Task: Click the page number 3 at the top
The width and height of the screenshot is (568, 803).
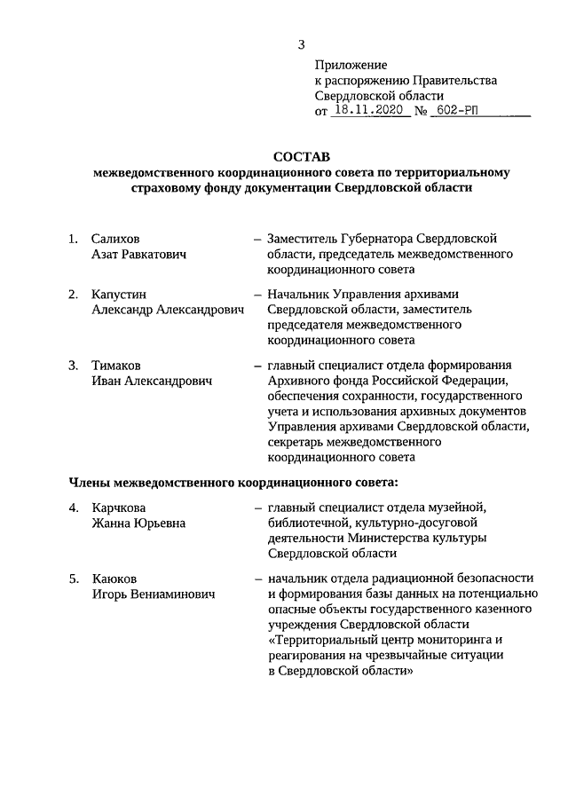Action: [x=302, y=44]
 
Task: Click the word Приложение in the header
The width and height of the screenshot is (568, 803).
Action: [x=351, y=65]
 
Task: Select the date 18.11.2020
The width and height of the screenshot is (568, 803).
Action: [x=369, y=112]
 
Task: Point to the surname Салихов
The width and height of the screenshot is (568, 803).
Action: [x=115, y=239]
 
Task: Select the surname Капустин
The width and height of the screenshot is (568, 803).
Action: [x=119, y=295]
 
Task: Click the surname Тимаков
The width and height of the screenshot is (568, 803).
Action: [x=117, y=365]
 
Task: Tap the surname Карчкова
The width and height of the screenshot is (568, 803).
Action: [x=120, y=508]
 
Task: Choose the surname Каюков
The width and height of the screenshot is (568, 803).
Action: [x=114, y=579]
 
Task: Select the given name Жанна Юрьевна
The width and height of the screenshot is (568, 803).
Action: [x=138, y=524]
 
